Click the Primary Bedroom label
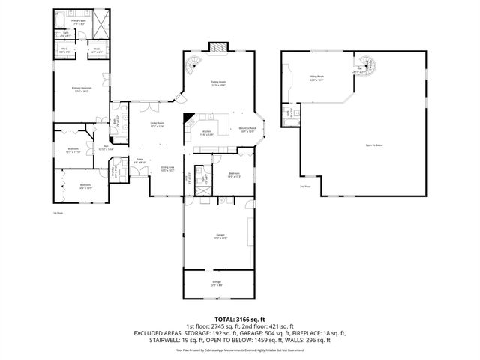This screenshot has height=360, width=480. [x=81, y=90]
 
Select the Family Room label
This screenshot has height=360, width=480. [x=218, y=84]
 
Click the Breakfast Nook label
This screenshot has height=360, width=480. [x=248, y=130]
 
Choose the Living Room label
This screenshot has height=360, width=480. [x=157, y=124]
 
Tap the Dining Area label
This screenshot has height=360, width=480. [x=167, y=169]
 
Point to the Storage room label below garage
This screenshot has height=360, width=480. [x=217, y=283]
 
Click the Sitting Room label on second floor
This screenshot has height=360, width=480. [x=316, y=76]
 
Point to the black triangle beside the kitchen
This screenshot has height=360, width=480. [x=190, y=118]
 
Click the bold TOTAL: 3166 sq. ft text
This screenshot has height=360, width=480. [x=240, y=319]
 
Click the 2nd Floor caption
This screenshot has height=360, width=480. [x=304, y=186]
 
